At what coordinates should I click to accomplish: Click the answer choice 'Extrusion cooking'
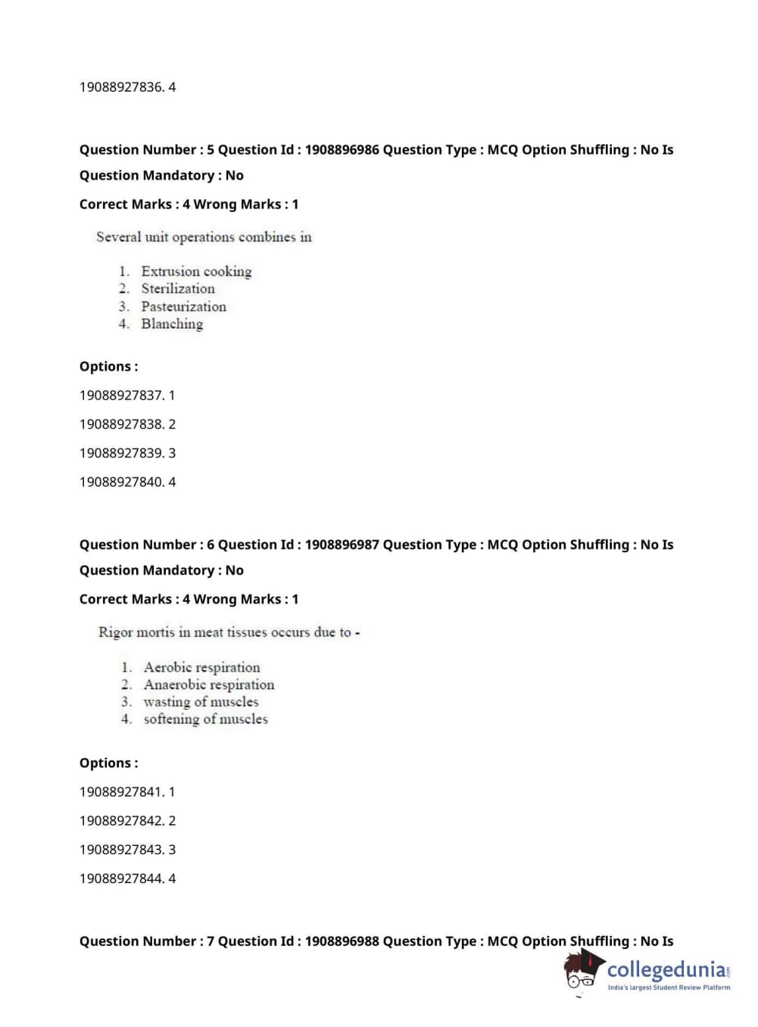pyautogui.click(x=195, y=271)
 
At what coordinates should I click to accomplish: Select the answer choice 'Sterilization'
pyautogui.click(x=177, y=289)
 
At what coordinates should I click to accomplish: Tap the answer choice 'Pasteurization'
pyautogui.click(x=183, y=307)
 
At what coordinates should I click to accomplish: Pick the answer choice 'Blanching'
pyautogui.click(x=172, y=324)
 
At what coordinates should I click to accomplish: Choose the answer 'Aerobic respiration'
pyautogui.click(x=201, y=667)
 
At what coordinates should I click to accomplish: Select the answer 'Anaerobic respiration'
pyautogui.click(x=209, y=685)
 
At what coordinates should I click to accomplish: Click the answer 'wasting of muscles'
pyautogui.click(x=201, y=702)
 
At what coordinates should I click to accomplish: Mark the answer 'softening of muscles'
pyautogui.click(x=205, y=720)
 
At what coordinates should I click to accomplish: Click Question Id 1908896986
pyautogui.click(x=342, y=150)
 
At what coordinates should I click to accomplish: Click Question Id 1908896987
pyautogui.click(x=342, y=545)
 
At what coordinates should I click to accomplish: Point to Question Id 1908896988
pyautogui.click(x=342, y=941)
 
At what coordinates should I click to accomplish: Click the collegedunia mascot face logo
pyautogui.click(x=582, y=971)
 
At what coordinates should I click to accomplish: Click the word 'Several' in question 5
pyautogui.click(x=118, y=237)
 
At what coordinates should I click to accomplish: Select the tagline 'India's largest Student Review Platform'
pyautogui.click(x=669, y=988)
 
